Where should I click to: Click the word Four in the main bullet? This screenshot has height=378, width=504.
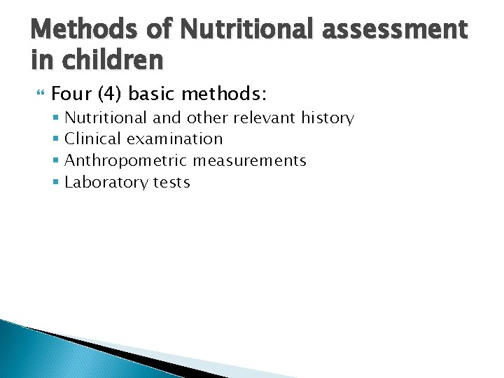click(x=68, y=93)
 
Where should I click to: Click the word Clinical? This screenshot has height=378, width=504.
click(x=94, y=139)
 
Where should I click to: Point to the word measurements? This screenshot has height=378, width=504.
click(x=250, y=161)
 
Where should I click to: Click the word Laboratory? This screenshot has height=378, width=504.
click(x=100, y=183)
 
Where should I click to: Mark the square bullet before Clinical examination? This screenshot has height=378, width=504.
click(x=56, y=139)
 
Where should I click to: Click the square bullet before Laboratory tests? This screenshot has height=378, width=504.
click(x=56, y=183)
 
